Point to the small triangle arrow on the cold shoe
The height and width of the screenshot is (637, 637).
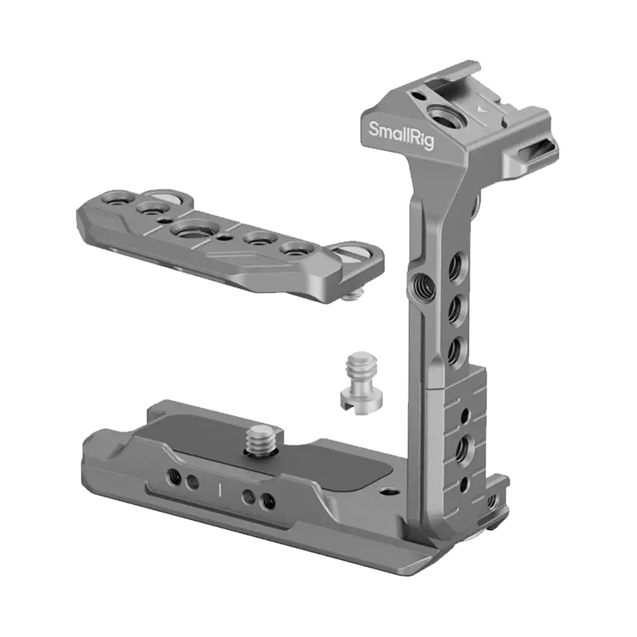point(478,108)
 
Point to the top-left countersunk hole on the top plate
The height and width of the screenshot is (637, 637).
point(117,200)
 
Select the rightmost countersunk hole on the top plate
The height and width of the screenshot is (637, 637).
point(294,248)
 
